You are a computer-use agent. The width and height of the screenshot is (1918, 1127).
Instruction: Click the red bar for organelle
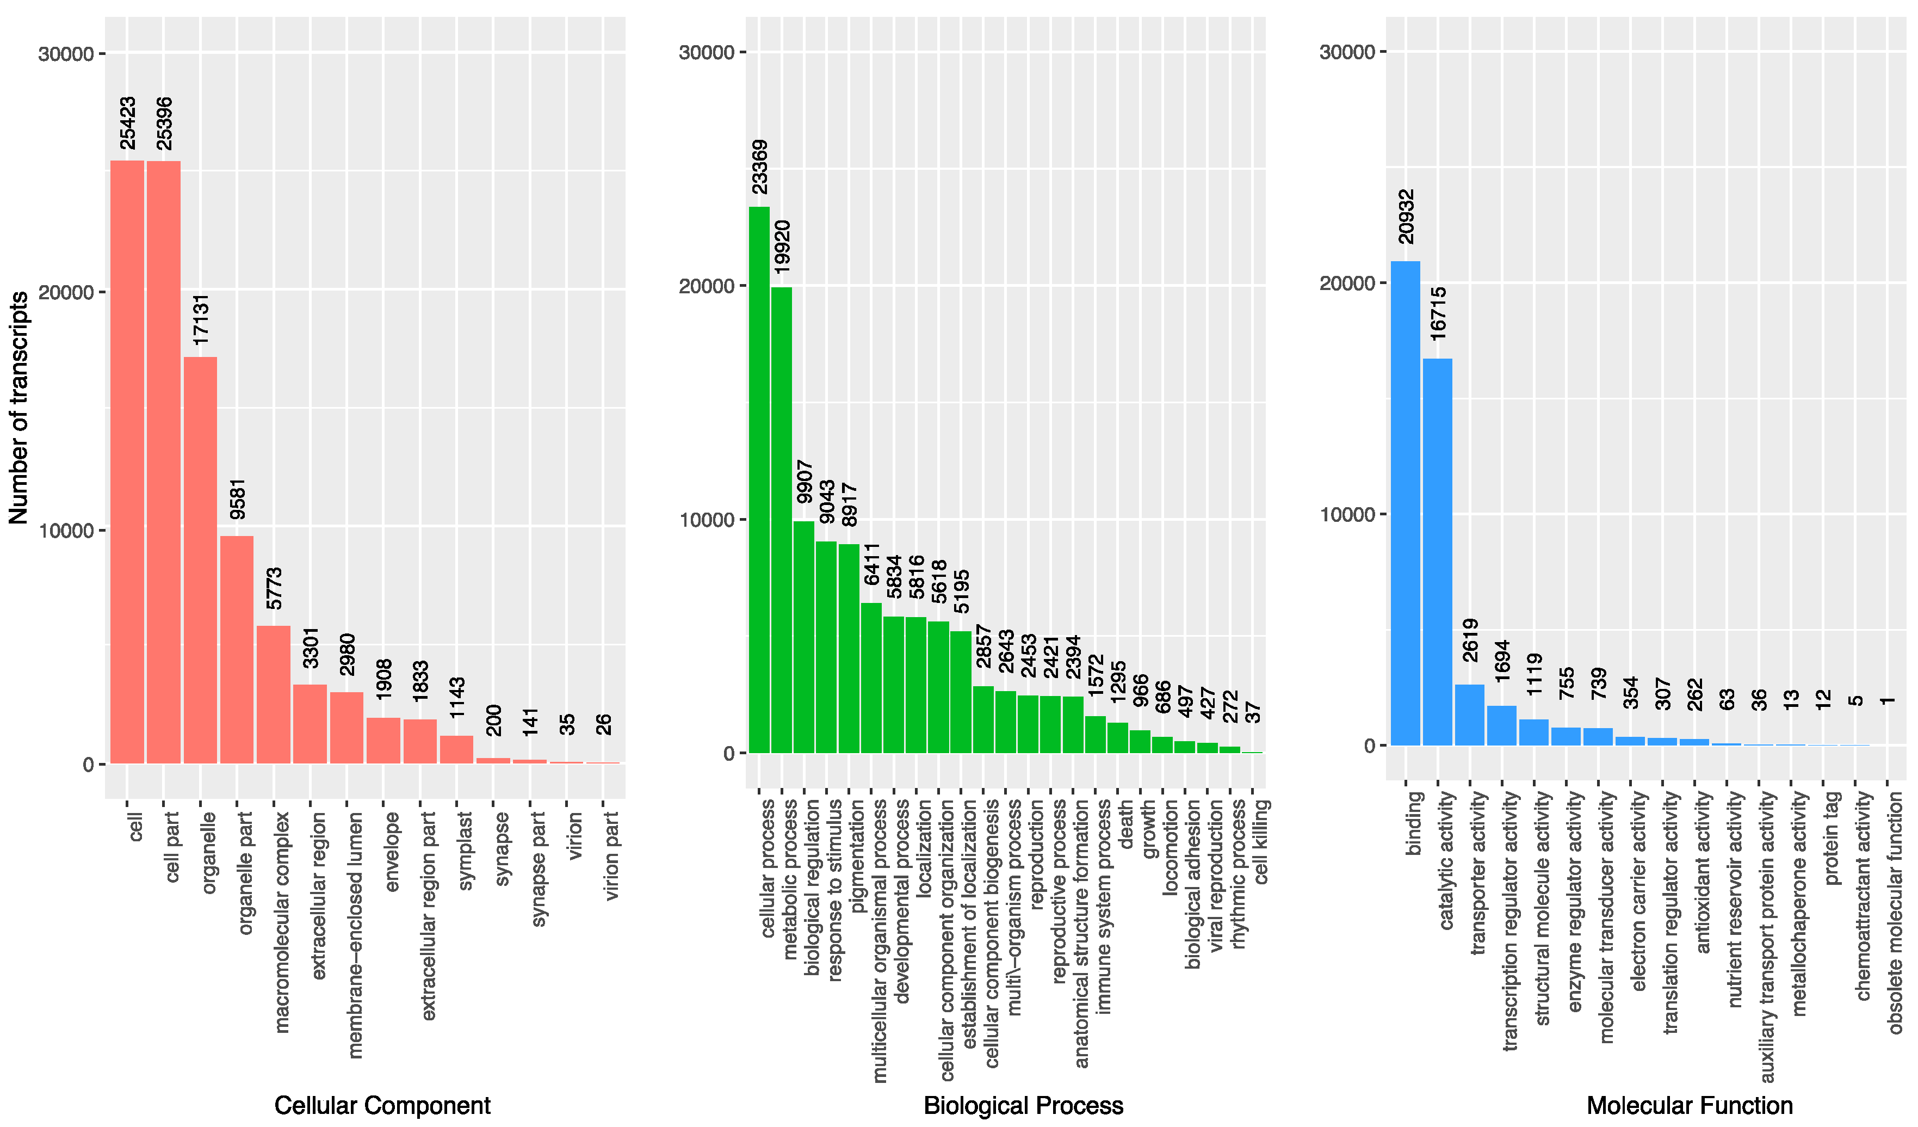(200, 560)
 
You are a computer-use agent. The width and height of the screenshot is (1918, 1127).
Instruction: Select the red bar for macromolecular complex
(273, 694)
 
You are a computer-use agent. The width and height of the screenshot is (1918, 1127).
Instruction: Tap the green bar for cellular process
(759, 480)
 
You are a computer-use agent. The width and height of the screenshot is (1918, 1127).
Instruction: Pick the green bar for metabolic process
(782, 520)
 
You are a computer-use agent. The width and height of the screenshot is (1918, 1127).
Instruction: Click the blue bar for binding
(1405, 503)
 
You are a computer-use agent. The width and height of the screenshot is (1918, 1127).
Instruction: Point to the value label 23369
(759, 167)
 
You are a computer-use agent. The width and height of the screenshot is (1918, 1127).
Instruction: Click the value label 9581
(238, 499)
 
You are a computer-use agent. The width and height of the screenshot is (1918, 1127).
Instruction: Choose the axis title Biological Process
(1023, 1105)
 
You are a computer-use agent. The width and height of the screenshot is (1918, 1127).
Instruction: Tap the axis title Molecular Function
(1689, 1105)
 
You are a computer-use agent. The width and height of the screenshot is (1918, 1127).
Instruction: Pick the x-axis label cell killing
(1260, 841)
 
